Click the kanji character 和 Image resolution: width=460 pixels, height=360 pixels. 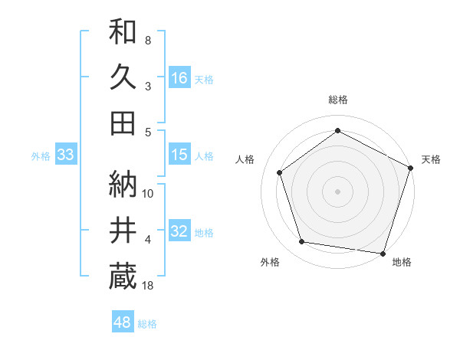pyautogui.click(x=123, y=33)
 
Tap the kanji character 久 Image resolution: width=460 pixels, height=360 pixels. pyautogui.click(x=123, y=77)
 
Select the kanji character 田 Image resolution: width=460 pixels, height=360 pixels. pyautogui.click(x=123, y=123)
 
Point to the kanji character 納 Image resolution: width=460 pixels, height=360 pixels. pyautogui.click(x=123, y=184)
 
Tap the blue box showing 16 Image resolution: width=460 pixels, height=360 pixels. pyautogui.click(x=179, y=78)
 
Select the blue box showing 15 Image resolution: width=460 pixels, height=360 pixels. pyautogui.click(x=179, y=155)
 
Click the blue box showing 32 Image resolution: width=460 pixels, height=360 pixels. pyautogui.click(x=179, y=232)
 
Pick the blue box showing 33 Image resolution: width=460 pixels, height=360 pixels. pyautogui.click(x=66, y=155)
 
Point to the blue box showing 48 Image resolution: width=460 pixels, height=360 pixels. pyautogui.click(x=123, y=322)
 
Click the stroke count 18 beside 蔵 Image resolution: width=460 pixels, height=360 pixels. pyautogui.click(x=149, y=286)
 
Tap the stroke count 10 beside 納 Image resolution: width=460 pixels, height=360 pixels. pyautogui.click(x=149, y=194)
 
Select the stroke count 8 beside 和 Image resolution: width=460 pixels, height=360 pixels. pyautogui.click(x=148, y=40)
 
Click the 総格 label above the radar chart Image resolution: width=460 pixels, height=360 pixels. pyautogui.click(x=338, y=100)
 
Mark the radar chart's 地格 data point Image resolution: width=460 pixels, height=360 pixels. pyautogui.click(x=383, y=252)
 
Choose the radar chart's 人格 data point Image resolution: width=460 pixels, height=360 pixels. pyautogui.click(x=280, y=172)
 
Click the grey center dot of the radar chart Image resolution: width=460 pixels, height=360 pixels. pyautogui.click(x=338, y=191)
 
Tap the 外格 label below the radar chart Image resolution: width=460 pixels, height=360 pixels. pyautogui.click(x=270, y=262)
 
